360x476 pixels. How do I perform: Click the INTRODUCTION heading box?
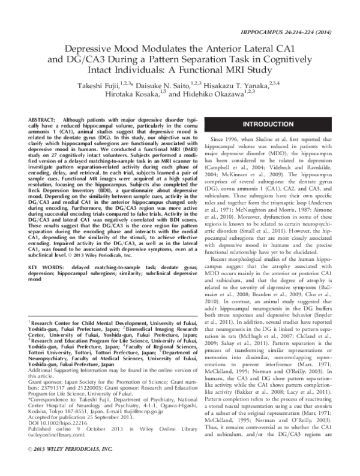[266, 141]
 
